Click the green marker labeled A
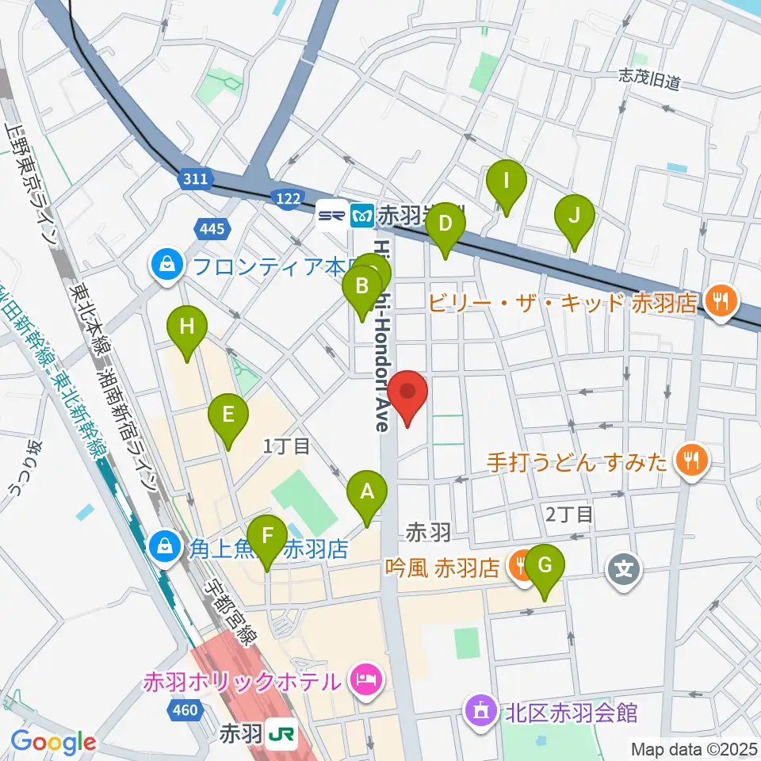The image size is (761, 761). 366,493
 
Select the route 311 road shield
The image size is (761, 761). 195,179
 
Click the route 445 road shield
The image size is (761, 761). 213,230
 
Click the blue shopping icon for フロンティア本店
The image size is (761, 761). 167,264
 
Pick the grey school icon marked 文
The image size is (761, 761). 624,568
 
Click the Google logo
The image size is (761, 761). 53,742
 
